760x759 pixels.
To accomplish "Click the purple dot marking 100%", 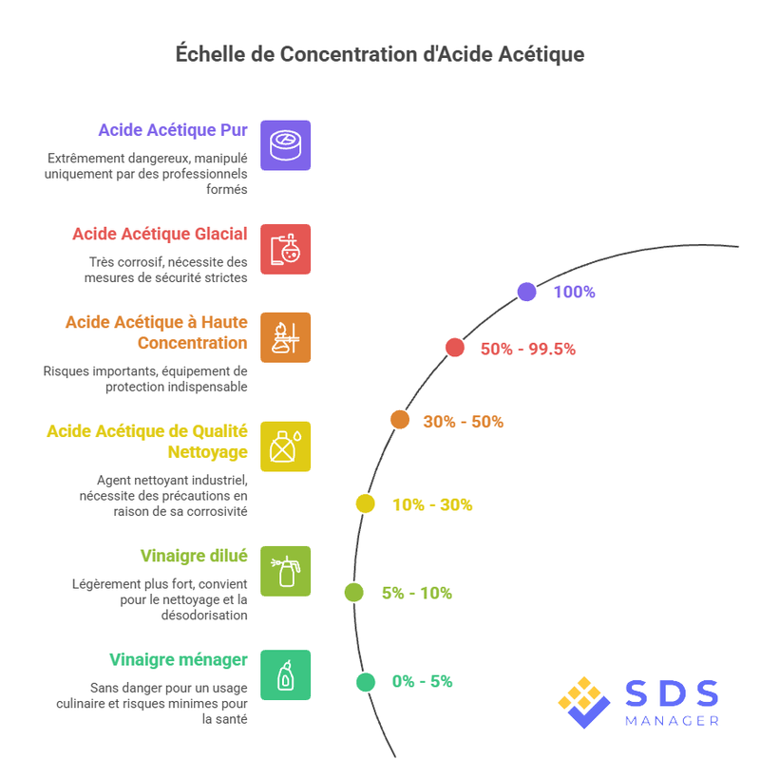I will tap(526, 292).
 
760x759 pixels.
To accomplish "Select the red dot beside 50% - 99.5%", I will tap(455, 348).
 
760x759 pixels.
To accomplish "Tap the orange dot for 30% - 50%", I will tap(400, 420).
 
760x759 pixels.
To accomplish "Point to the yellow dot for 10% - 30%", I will tap(366, 503).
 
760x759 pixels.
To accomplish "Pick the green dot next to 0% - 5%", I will tap(366, 681).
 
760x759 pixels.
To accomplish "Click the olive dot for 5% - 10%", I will tap(354, 593).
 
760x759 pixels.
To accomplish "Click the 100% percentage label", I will tap(574, 292).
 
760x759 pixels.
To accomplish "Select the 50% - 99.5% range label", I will tap(528, 349).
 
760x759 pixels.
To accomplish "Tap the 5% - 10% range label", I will tap(417, 594).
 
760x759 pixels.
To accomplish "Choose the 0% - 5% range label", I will tap(422, 681).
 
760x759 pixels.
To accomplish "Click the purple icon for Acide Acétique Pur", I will tap(285, 144).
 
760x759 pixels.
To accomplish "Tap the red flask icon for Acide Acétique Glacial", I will tap(285, 249).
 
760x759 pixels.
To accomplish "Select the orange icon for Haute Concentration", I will tap(285, 337).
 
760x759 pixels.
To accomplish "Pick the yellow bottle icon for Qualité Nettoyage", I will tap(285, 446).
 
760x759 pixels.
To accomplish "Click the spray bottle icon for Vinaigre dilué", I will tap(285, 571).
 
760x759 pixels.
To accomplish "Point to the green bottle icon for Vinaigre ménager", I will tap(285, 674).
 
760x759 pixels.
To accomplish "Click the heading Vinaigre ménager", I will tap(179, 659).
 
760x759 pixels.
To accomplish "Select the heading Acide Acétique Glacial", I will tap(160, 234).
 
